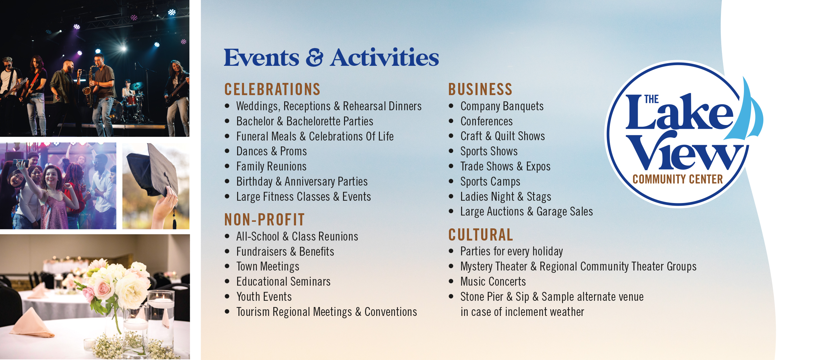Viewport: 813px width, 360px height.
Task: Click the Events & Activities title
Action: click(x=331, y=58)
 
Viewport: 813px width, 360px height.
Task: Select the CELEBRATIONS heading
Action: click(x=272, y=89)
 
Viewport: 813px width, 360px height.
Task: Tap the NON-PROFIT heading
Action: click(x=264, y=219)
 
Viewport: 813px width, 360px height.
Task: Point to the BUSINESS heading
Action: click(x=480, y=89)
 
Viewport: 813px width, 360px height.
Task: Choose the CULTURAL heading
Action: click(x=480, y=235)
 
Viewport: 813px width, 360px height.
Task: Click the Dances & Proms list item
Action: click(x=271, y=151)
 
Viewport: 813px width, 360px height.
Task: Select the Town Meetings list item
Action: click(x=268, y=266)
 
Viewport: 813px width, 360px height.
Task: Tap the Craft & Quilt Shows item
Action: click(x=503, y=136)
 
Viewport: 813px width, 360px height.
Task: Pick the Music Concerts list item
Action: click(x=493, y=281)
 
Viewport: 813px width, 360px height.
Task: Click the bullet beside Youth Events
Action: click(x=227, y=296)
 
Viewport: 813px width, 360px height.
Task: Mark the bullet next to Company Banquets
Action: click(x=451, y=106)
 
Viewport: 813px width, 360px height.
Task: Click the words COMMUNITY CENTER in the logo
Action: click(x=678, y=179)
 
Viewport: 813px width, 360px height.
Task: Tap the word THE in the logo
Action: click(x=651, y=99)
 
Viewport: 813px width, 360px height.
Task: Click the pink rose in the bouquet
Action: click(x=103, y=290)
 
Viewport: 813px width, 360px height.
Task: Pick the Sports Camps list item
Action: click(x=490, y=181)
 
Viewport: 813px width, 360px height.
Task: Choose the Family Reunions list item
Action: click(x=271, y=166)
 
